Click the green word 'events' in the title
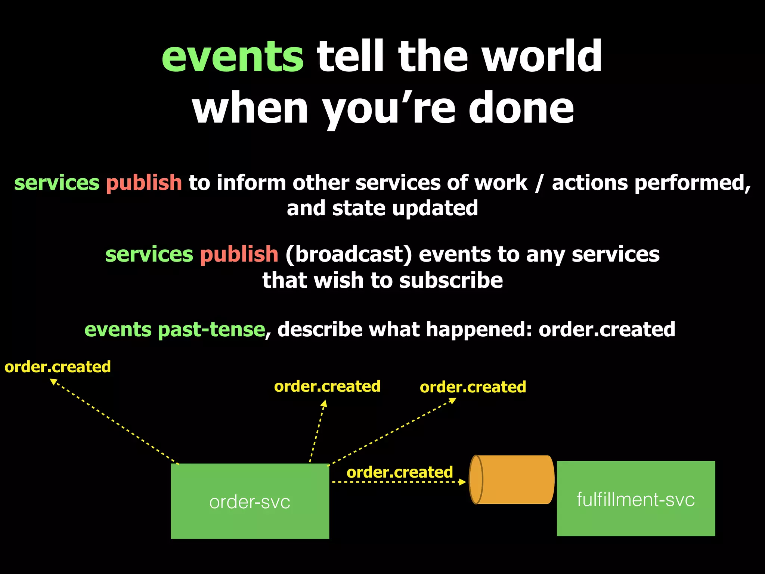232,57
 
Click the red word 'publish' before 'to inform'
144,183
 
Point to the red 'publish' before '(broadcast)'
239,254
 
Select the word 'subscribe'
451,280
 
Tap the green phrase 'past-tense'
211,330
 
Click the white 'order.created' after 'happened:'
607,330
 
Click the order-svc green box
250,501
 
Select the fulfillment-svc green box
636,499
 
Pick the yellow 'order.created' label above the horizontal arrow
400,472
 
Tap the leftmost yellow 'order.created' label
58,367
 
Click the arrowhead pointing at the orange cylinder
463,482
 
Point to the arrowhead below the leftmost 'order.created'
53,382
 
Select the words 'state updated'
405,208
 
